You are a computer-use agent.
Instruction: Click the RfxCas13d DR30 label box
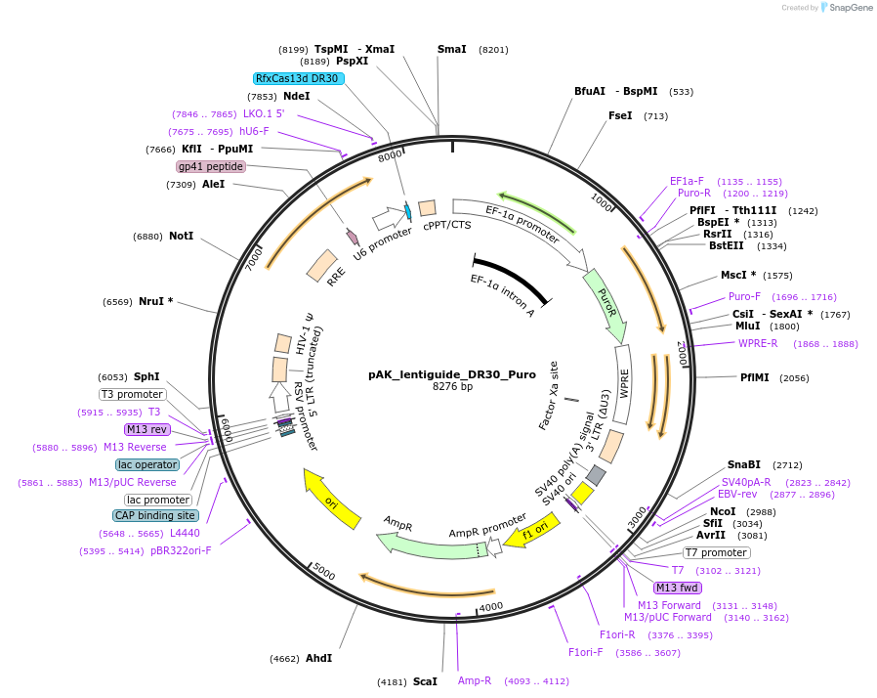pyautogui.click(x=298, y=78)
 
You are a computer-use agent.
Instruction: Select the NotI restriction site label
pyautogui.click(x=181, y=237)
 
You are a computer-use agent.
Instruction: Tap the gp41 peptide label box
pyautogui.click(x=210, y=166)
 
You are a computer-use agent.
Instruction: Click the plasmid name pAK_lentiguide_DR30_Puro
pyautogui.click(x=438, y=373)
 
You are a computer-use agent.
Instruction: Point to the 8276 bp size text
pyautogui.click(x=438, y=387)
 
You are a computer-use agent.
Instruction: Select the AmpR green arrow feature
pyautogui.click(x=420, y=543)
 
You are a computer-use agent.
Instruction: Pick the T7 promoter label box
pyautogui.click(x=716, y=552)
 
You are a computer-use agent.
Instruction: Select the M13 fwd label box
pyautogui.click(x=677, y=588)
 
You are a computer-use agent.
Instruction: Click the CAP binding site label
pyautogui.click(x=156, y=515)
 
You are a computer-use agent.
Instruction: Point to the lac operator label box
pyautogui.click(x=147, y=464)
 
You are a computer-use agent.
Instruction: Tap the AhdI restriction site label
pyautogui.click(x=318, y=658)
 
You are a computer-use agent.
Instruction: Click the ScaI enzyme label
pyautogui.click(x=425, y=680)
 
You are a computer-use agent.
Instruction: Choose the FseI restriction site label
pyautogui.click(x=620, y=115)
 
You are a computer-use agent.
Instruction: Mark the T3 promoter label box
pyautogui.click(x=133, y=394)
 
